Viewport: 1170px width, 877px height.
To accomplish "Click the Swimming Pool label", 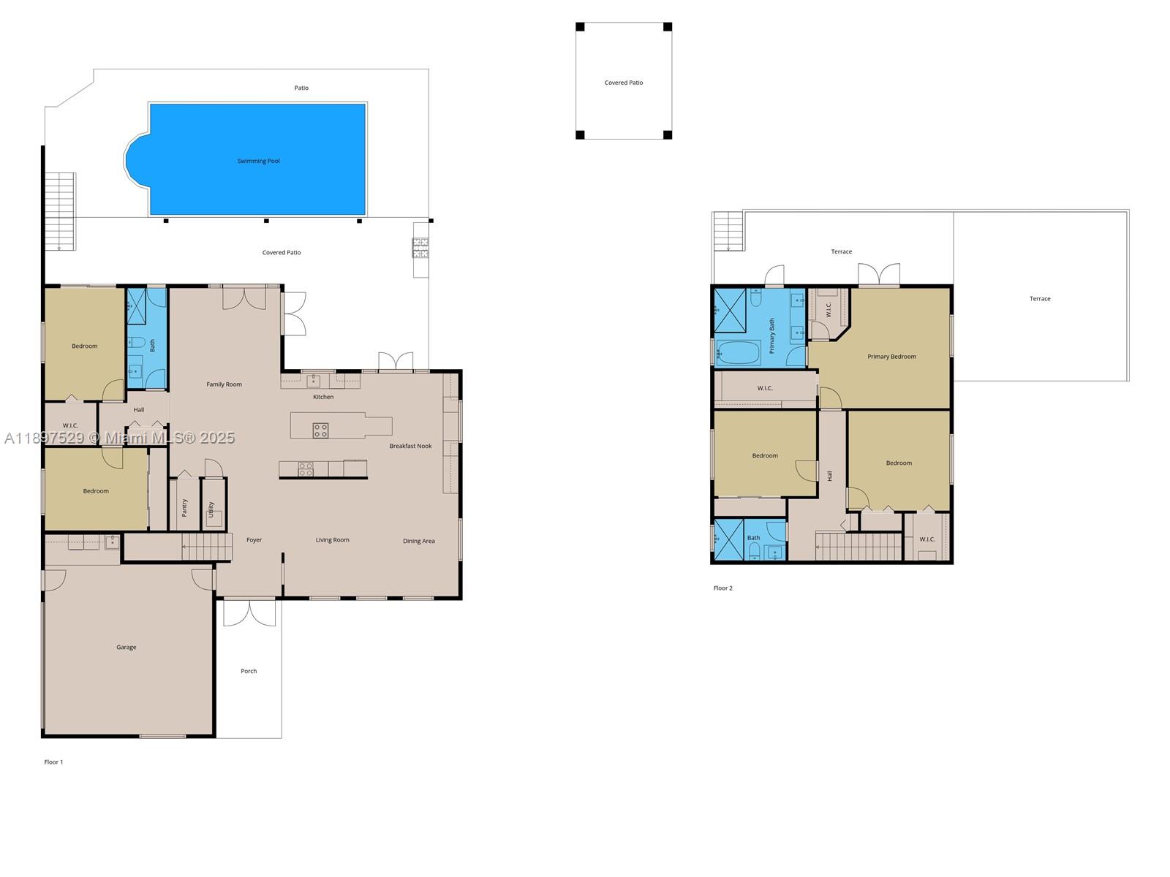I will coord(258,161).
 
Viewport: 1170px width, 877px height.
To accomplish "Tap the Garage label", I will coord(126,647).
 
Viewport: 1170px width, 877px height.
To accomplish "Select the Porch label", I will coord(249,671).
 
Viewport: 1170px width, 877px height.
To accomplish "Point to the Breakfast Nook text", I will coord(410,446).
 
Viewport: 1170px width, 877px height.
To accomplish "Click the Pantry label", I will coord(184,507).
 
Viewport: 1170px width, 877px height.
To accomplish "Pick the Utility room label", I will coord(211,509).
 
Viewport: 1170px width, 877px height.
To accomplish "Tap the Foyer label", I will coord(254,540).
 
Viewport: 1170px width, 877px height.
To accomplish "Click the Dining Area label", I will coord(418,541).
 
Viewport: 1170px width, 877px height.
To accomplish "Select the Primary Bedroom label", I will coord(891,357).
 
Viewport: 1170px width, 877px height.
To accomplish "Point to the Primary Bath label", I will coord(771,335).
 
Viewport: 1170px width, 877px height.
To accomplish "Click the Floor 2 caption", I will coord(722,588).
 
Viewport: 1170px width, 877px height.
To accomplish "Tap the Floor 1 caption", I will coord(53,762).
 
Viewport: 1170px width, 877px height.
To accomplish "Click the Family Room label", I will coord(224,384).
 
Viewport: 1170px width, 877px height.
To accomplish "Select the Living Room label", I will coord(332,540).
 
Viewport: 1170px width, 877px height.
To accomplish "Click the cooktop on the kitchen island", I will coord(320,430).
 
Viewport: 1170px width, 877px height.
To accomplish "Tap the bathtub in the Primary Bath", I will coord(739,353).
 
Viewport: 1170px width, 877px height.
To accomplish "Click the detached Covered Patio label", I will coord(624,83).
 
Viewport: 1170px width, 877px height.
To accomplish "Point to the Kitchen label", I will coord(323,397).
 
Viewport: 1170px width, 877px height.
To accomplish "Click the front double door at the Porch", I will coord(249,612).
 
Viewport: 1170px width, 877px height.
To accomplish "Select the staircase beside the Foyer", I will coord(206,546).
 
